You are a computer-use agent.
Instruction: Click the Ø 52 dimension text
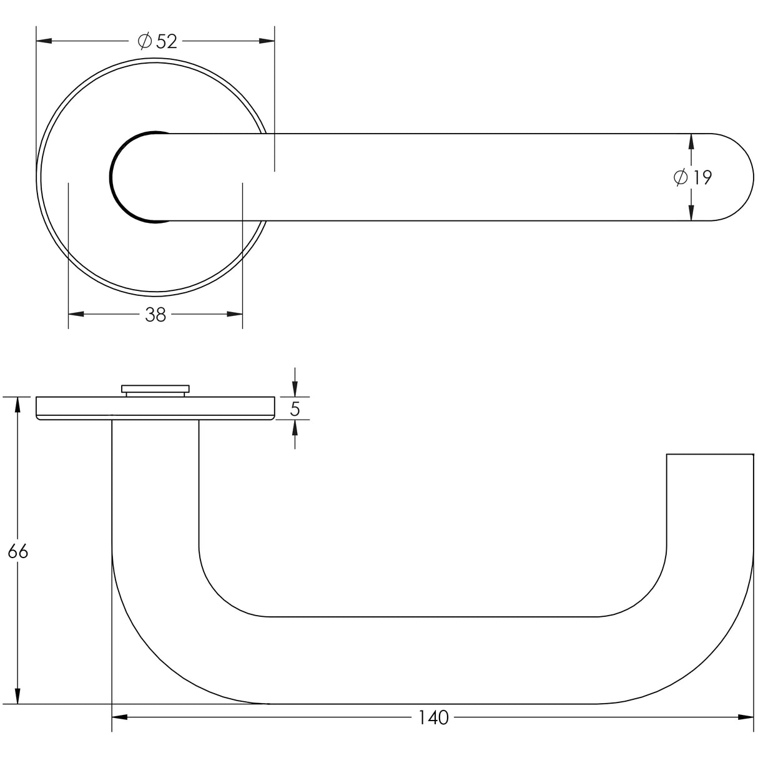157,41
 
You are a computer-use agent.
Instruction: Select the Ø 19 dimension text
693,178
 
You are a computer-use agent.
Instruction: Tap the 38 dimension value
155,315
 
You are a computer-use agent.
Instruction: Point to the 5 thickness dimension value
295,410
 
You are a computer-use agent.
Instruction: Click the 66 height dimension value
17,552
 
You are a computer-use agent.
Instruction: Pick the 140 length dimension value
433,718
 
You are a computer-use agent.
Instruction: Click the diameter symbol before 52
144,41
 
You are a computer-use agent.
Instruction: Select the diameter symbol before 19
681,178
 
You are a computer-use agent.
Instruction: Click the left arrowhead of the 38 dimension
76,314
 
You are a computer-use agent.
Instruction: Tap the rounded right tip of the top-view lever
740,177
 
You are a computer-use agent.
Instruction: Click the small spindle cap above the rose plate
155,390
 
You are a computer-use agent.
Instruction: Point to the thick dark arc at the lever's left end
115,177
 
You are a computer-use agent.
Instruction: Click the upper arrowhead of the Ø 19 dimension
691,142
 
